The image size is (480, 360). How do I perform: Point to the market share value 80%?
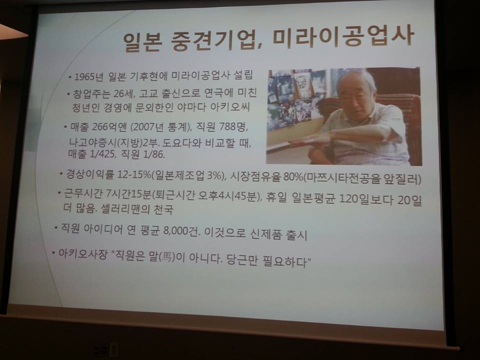pyautogui.click(x=293, y=177)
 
